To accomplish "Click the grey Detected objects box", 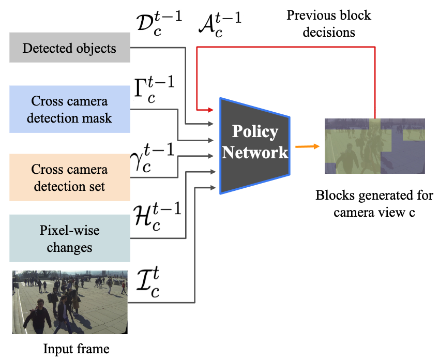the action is click(70, 48).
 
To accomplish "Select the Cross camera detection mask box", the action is click(70, 109).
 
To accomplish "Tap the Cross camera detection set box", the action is click(70, 177).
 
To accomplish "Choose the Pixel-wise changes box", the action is click(70, 238).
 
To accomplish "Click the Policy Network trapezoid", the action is click(255, 146).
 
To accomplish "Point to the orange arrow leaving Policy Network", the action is click(308, 146).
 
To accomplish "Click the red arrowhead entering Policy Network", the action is click(211, 110).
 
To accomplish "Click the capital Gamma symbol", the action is click(154, 89).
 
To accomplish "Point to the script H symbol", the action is click(158, 217).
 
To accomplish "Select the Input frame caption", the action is click(76, 349).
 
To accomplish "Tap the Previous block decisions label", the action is click(329, 24).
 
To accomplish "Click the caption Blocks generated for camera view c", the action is click(374, 204).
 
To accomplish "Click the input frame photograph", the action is click(70, 302).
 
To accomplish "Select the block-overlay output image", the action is click(375, 146).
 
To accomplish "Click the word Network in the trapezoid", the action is click(255, 153).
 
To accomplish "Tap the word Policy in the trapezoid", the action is click(255, 132).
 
